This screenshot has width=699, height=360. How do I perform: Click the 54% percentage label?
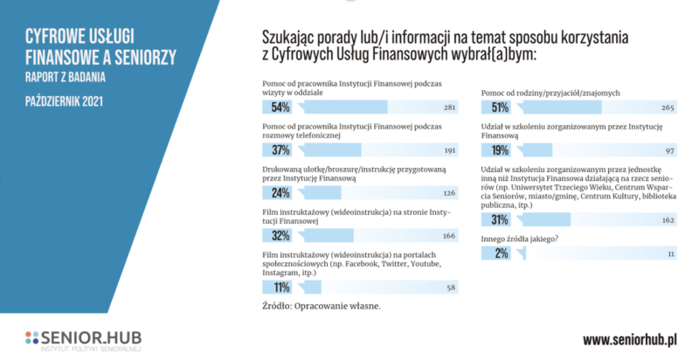pos(280,108)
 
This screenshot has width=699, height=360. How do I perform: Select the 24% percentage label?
pos(280,192)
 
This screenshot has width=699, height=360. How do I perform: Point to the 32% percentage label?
pos(280,235)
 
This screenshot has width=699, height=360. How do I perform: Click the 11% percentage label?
pos(280,287)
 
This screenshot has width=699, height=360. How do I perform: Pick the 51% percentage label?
pos(501,108)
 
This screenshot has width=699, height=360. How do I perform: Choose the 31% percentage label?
pos(501,219)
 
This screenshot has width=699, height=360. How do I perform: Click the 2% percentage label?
pos(501,253)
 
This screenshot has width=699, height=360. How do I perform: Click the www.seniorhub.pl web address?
pos(632,339)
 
